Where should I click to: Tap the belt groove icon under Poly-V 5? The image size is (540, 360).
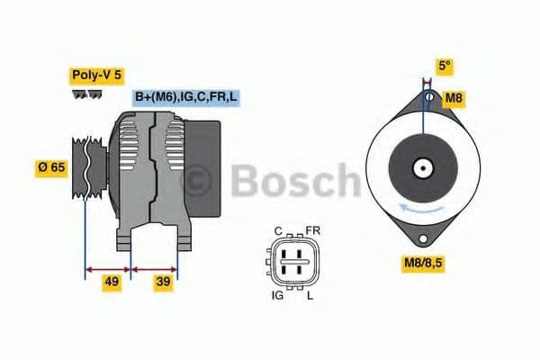87,94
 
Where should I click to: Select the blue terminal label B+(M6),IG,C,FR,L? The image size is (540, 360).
187,97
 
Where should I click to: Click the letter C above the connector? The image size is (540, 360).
279,230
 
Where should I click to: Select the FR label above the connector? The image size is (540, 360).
312,230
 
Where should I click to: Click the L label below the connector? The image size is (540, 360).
311,293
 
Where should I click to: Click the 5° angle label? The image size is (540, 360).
443,65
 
